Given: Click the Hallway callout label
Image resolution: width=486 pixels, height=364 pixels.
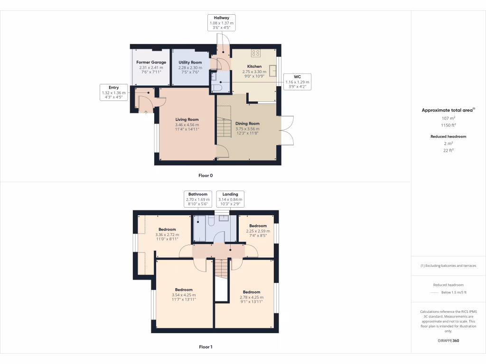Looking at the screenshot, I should [221, 23].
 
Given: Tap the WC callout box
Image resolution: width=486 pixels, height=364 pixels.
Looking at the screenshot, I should [297, 82].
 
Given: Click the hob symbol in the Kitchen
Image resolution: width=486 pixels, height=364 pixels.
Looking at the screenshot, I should [256, 53].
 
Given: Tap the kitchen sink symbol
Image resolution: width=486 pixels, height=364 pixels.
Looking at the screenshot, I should [273, 71].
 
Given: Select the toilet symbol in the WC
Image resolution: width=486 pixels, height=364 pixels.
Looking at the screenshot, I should [218, 88].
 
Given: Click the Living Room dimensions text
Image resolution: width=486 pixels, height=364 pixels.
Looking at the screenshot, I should [187, 127].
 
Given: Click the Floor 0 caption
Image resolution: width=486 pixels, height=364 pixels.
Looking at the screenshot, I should [206, 175].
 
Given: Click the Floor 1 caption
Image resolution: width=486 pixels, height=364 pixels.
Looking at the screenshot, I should [206, 347].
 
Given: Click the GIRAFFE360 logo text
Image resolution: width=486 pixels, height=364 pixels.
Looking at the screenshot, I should [449, 341].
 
